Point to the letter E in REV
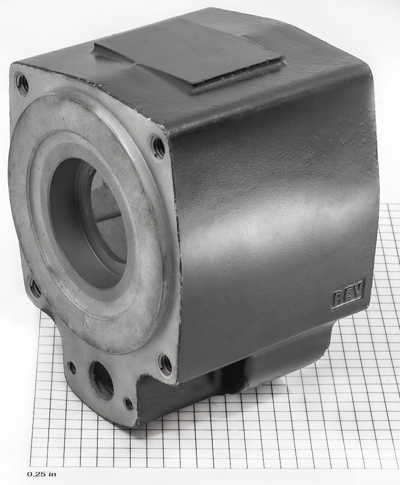point(348,294)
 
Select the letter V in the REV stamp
point(358,290)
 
